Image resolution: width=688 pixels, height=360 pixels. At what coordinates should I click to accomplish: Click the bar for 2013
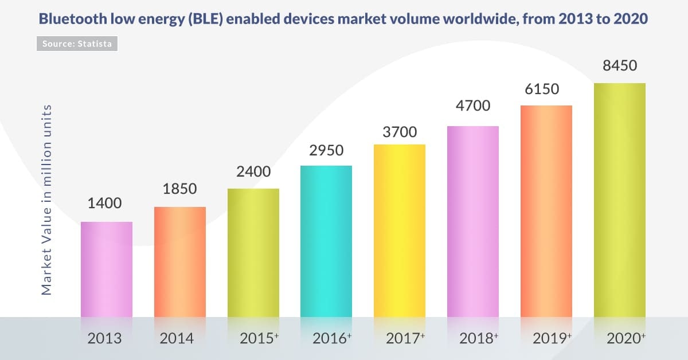(x=107, y=269)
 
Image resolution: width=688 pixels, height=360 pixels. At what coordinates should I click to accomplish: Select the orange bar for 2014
(x=180, y=261)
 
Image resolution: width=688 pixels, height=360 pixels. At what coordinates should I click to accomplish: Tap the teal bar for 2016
(x=326, y=241)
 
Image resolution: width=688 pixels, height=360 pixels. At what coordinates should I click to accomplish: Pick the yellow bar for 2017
(x=400, y=230)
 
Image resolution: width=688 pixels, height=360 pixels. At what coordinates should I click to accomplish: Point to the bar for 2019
(x=546, y=210)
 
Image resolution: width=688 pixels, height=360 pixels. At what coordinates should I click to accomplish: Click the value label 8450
(x=620, y=66)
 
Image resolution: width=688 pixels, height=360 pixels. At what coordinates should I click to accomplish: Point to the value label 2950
(x=326, y=151)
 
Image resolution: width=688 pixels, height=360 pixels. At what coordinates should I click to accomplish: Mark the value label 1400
(x=105, y=204)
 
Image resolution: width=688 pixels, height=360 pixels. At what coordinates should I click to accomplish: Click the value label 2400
(x=253, y=172)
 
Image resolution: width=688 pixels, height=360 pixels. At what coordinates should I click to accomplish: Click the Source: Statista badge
(x=77, y=43)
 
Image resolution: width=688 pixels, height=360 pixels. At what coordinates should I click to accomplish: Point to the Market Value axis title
(x=47, y=199)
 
